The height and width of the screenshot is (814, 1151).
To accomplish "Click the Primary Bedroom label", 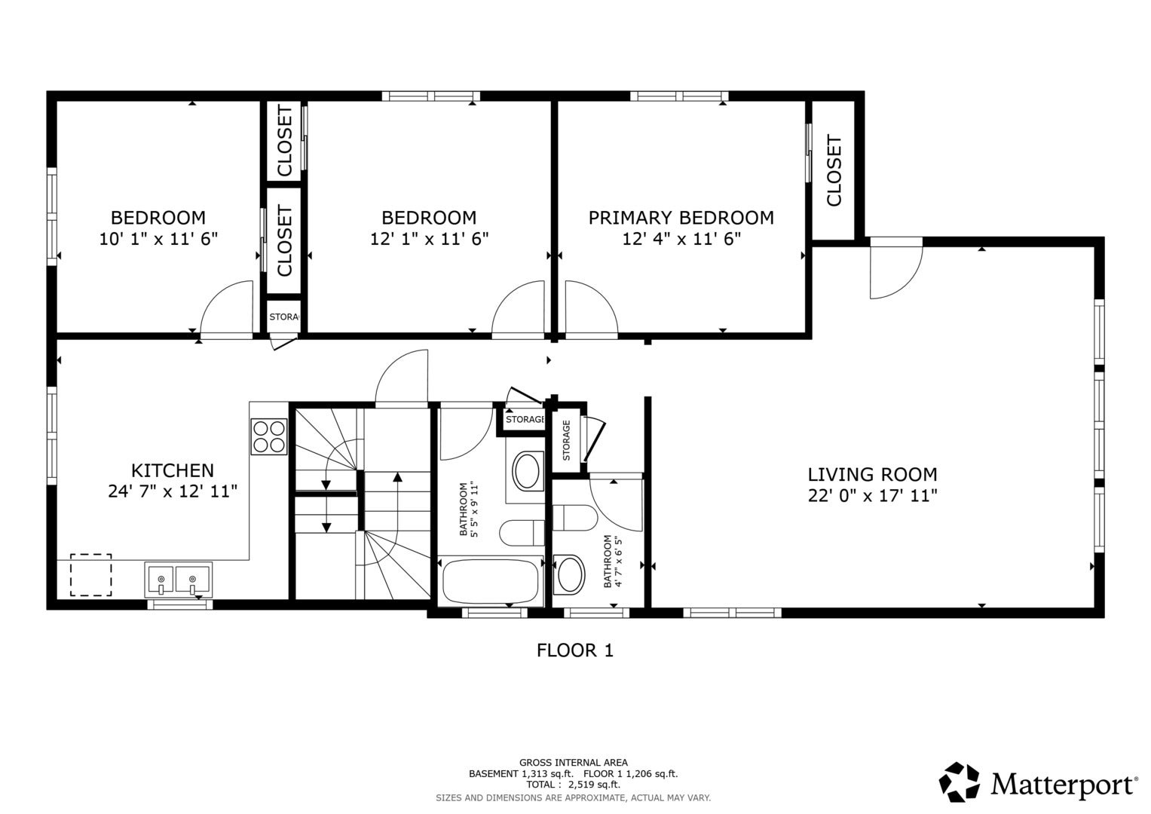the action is click(681, 218).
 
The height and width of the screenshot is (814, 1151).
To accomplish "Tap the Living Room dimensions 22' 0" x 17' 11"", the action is click(873, 495).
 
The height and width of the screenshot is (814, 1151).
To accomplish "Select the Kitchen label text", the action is click(173, 470).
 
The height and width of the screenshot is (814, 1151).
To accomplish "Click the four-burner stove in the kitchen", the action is click(269, 436).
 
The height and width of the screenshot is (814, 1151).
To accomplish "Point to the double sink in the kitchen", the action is click(179, 579).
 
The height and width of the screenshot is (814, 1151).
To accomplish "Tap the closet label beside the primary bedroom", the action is click(834, 170).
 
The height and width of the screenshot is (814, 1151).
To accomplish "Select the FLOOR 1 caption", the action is click(575, 650).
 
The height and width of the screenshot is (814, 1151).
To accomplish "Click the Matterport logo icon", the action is click(960, 782).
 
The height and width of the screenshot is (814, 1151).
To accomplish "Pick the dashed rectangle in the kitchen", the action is click(91, 574).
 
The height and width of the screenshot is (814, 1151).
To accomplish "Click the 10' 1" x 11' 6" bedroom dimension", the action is click(158, 239).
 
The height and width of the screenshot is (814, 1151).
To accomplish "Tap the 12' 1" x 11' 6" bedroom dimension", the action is click(429, 239).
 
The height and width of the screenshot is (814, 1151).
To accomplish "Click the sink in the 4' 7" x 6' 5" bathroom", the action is click(569, 574).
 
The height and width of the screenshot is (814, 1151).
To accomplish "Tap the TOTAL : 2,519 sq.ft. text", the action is click(573, 785).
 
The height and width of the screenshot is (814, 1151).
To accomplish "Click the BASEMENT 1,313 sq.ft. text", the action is click(521, 773).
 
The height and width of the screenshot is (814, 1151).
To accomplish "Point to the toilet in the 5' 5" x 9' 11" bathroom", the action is click(522, 533).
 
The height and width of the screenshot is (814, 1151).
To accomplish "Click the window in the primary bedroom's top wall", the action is click(679, 96).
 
